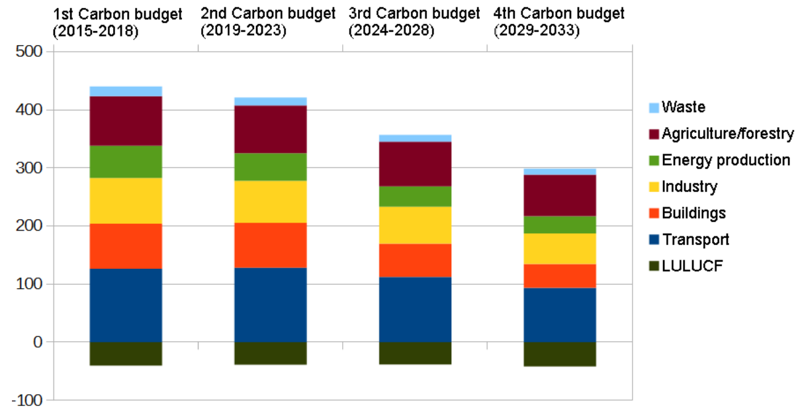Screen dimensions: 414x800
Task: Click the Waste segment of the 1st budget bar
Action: click(126, 91)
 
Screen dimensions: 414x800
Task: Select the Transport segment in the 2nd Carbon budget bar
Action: click(270, 305)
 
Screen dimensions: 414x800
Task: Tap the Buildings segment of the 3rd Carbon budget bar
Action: click(415, 260)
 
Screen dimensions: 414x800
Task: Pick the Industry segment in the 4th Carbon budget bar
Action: click(560, 248)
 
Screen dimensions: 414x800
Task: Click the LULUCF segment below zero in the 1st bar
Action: click(126, 354)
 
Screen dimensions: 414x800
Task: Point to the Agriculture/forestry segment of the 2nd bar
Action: click(270, 129)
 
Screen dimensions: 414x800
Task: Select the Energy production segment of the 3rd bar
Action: click(415, 196)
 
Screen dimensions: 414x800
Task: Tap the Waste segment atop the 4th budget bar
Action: click(560, 172)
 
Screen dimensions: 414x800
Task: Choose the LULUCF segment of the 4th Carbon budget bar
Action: click(560, 354)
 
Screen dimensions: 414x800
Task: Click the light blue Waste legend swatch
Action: click(654, 107)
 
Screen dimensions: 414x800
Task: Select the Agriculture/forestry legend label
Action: click(727, 134)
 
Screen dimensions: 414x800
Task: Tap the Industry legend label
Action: click(689, 187)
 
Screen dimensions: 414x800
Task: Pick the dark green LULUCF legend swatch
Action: click(654, 266)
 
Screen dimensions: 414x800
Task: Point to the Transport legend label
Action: click(695, 240)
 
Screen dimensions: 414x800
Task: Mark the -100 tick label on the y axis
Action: click(26, 401)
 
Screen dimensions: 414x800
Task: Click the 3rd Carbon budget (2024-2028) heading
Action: click(414, 23)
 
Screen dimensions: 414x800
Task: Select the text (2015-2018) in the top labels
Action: click(95, 31)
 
